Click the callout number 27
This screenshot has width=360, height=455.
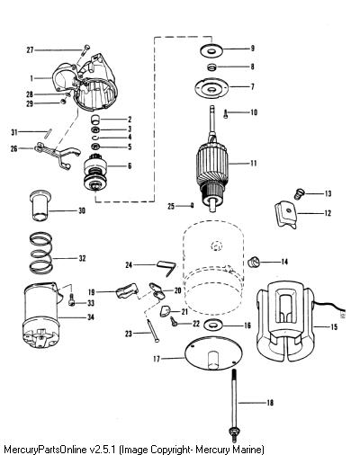[30, 49]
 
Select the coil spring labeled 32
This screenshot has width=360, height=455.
[41, 253]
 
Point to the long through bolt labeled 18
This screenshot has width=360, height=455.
[234, 406]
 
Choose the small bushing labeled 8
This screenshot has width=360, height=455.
[212, 67]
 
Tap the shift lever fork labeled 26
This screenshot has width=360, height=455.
[57, 153]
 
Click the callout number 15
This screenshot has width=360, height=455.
[334, 326]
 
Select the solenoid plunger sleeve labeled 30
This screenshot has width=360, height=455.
[40, 206]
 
